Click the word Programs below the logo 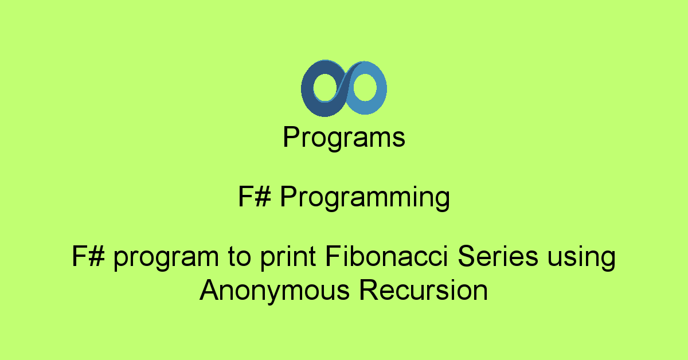point(343,138)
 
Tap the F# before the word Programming point(255,196)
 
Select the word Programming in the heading point(365,198)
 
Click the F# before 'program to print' point(88,256)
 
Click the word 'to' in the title point(239,257)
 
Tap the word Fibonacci point(386,256)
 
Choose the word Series point(498,256)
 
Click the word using point(581,259)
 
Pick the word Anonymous point(275,292)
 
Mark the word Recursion point(424,290)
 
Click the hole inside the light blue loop point(365,88)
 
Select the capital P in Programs point(291,136)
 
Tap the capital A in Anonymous point(210,290)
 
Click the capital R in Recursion point(369,290)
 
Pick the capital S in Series point(467,256)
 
